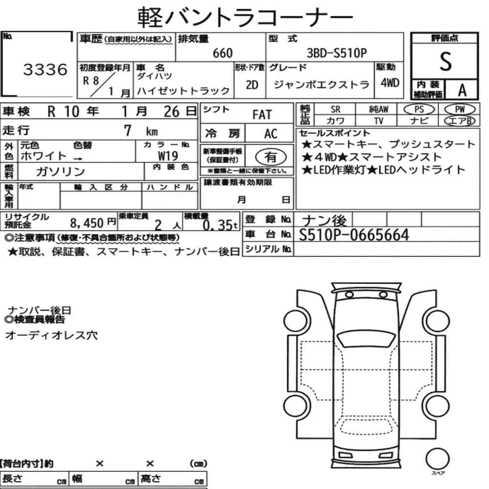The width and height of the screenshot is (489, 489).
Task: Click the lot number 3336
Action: [45, 69]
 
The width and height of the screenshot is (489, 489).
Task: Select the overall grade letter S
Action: [445, 61]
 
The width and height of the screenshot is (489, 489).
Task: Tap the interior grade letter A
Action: [462, 90]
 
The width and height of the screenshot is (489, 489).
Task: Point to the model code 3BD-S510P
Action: [336, 53]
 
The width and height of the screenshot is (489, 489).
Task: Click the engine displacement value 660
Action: [222, 53]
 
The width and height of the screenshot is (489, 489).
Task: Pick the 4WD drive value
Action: [390, 83]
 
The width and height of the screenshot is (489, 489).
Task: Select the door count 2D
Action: [252, 85]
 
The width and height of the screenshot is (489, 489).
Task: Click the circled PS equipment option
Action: [419, 110]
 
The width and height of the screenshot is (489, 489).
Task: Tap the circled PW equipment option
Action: [460, 110]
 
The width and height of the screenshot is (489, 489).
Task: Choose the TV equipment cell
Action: [378, 121]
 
